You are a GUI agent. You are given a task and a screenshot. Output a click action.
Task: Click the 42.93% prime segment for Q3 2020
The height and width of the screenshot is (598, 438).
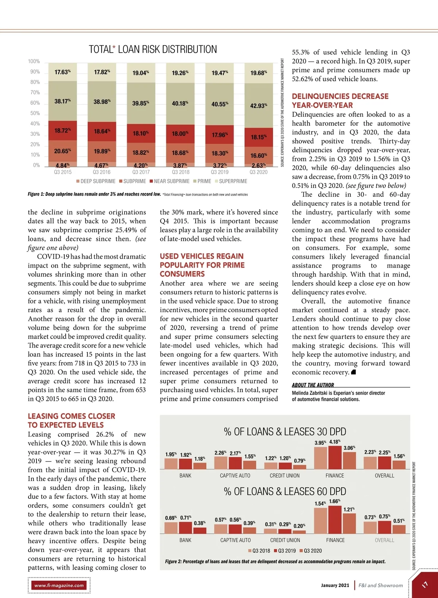[x=258, y=106]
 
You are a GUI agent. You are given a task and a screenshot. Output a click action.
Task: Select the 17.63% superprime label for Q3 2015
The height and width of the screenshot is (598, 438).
[x=62, y=72]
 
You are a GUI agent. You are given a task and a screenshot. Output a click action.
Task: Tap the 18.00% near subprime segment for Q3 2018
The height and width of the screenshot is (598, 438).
[x=180, y=134]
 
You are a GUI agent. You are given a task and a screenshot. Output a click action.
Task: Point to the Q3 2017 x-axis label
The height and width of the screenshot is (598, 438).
[x=141, y=172]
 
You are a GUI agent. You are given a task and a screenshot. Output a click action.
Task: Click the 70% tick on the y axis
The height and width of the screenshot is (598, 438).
[x=35, y=93]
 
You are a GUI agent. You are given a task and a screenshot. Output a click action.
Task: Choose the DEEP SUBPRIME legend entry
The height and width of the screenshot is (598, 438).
[x=96, y=181]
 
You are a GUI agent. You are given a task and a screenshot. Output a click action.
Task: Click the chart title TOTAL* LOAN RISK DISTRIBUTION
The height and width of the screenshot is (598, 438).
[x=153, y=49]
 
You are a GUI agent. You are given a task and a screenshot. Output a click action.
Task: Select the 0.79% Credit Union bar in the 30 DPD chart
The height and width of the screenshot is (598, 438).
[x=300, y=467]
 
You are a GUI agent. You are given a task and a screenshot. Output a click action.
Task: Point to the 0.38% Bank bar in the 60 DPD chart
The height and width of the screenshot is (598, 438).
[x=200, y=530]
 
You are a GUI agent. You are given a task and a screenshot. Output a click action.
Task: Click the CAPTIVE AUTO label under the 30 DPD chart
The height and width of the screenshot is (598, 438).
[x=235, y=476]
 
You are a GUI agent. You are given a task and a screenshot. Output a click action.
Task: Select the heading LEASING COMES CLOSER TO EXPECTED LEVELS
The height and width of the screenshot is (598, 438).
[x=71, y=421]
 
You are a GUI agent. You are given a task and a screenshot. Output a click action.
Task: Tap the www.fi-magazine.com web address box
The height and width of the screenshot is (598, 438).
[x=59, y=585]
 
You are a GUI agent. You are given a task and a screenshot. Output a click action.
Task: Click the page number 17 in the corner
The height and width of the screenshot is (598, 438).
[x=425, y=585]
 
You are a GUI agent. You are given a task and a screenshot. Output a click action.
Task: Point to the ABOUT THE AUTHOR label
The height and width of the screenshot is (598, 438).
[x=313, y=385]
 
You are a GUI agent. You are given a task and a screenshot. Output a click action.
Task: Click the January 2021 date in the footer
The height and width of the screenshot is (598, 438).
[x=335, y=585]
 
